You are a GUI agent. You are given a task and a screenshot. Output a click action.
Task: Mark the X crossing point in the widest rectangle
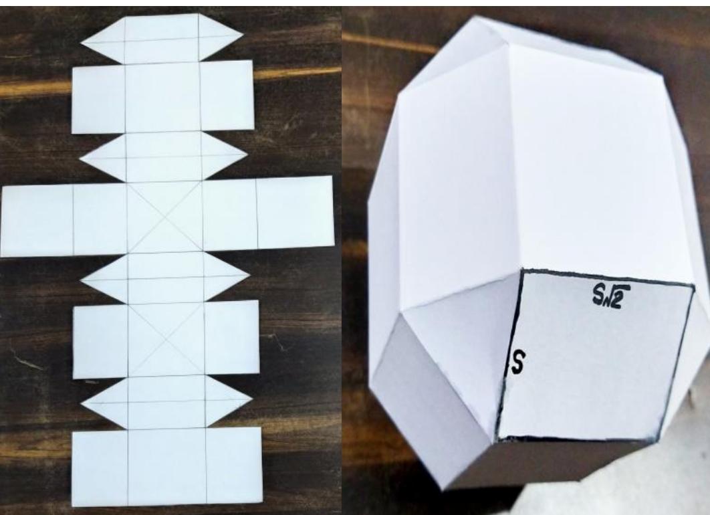click(164, 218)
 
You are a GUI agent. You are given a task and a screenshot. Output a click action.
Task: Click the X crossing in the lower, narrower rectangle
click(166, 339)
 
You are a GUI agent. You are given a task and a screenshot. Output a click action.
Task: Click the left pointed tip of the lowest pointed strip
click(82, 403)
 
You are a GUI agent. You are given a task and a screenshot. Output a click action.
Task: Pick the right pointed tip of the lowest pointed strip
click(251, 400)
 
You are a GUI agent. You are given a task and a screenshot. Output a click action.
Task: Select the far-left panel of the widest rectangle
click(37, 220)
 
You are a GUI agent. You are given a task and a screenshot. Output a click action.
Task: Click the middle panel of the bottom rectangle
click(166, 466)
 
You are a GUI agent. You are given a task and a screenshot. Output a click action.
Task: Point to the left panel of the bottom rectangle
click(100, 466)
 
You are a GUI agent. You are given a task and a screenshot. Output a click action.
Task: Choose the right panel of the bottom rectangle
click(233, 465)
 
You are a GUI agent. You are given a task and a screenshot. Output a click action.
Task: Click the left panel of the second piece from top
click(99, 99)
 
